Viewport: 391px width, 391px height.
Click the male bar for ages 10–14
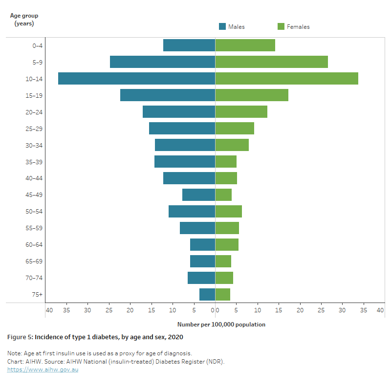136,78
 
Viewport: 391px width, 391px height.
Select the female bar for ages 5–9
271,62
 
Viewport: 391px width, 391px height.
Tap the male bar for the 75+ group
207,294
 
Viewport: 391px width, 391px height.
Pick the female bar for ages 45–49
223,195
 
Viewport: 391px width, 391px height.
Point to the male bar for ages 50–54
192,211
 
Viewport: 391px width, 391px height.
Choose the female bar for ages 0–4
245,45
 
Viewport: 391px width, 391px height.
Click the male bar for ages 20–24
179,111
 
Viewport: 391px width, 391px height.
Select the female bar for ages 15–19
252,95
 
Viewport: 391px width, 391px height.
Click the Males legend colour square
222,26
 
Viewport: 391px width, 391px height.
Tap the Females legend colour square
281,26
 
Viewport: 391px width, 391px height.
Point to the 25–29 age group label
33,129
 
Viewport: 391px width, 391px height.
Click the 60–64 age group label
33,244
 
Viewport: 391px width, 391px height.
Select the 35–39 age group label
33,162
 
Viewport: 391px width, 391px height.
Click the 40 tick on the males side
49,310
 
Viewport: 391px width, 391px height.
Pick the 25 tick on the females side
321,310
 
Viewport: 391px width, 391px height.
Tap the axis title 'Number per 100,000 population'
221,324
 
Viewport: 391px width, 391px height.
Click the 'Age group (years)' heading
24,19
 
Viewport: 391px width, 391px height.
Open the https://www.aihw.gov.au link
43,369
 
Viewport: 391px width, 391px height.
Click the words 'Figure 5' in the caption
20,337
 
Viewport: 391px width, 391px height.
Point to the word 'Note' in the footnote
14,353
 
